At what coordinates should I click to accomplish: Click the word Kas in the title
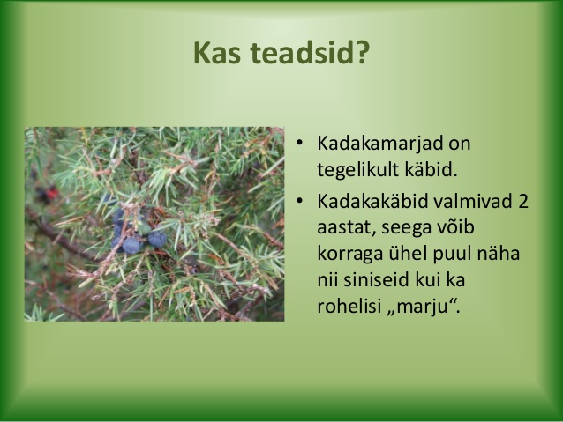217,53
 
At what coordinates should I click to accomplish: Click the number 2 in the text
523,202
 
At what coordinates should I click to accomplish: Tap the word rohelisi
349,306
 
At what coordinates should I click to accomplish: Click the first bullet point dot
300,144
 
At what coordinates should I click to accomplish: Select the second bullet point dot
300,201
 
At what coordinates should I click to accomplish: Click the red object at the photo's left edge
49,194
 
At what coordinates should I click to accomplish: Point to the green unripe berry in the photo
145,228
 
